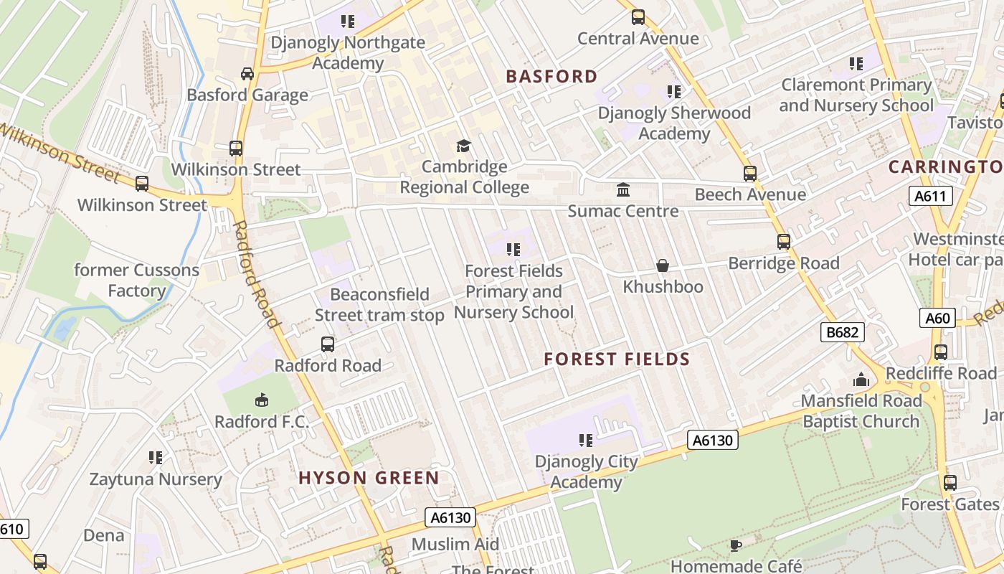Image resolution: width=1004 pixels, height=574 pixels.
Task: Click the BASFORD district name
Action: click(x=551, y=77)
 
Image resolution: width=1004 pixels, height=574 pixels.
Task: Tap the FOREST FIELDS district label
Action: click(x=617, y=359)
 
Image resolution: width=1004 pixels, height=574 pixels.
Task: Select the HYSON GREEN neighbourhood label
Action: click(x=369, y=478)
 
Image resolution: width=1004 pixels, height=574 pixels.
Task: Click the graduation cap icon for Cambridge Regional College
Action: click(x=464, y=146)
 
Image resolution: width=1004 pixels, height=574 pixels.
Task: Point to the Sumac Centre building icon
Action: click(x=623, y=190)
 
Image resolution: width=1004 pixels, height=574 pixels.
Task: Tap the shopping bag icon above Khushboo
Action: click(x=663, y=266)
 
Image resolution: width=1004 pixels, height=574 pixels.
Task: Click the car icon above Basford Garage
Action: click(x=247, y=74)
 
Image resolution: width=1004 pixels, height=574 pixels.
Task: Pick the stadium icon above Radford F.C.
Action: click(x=262, y=400)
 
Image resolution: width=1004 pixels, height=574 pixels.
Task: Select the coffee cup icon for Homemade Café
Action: click(x=735, y=546)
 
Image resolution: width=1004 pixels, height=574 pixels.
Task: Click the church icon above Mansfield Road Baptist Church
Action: click(x=861, y=380)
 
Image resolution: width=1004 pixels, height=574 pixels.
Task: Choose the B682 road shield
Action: click(x=843, y=332)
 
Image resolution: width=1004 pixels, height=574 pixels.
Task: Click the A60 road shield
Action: click(x=937, y=318)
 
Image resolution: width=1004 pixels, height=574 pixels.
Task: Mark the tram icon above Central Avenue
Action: click(x=638, y=17)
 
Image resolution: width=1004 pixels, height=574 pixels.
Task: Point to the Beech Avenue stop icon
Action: click(x=750, y=174)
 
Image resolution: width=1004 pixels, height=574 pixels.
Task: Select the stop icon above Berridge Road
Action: click(x=784, y=243)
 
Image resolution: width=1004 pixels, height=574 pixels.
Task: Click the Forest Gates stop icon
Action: click(x=950, y=483)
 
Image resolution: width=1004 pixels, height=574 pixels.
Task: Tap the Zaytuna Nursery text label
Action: click(x=156, y=479)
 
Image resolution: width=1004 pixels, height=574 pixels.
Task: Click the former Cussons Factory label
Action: click(x=137, y=281)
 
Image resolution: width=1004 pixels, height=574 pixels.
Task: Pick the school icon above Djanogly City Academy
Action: click(x=586, y=440)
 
